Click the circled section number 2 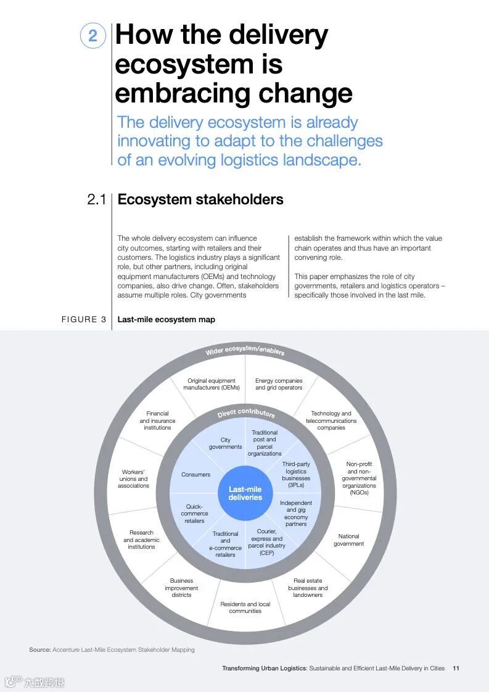(92, 35)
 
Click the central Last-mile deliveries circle (245, 493)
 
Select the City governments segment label (225, 443)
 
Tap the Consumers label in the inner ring (195, 475)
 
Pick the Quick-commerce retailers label (194, 514)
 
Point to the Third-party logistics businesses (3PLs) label (296, 475)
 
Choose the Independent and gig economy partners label (296, 514)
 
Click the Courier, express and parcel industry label (266, 542)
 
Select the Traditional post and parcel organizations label (265, 443)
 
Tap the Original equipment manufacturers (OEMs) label (212, 384)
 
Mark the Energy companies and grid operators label (279, 384)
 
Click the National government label (348, 540)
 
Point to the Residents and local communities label (245, 607)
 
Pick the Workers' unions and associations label (134, 478)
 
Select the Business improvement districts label (181, 588)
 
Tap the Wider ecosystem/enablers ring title (245, 350)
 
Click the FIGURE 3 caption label (84, 319)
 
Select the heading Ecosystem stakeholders (200, 199)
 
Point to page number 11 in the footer (456, 668)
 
